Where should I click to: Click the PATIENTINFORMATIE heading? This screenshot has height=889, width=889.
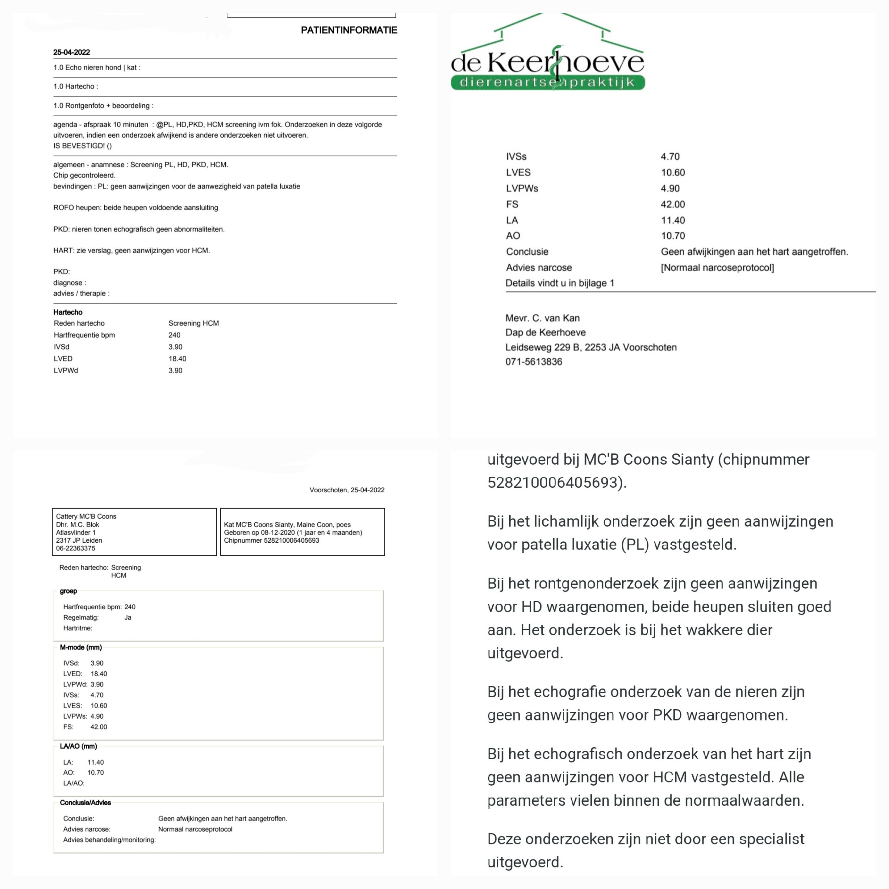[349, 30]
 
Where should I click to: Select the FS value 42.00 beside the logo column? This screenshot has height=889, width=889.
[673, 204]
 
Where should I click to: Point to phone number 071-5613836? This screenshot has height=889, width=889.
[534, 362]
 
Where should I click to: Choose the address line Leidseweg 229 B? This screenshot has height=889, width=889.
[591, 347]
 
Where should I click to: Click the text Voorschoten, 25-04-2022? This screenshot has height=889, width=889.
[347, 490]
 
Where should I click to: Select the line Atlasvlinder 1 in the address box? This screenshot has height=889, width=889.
[76, 532]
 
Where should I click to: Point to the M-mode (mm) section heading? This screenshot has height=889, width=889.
[81, 647]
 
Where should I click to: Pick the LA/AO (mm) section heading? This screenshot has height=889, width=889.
[79, 746]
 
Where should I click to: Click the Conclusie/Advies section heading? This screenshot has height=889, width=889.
[86, 803]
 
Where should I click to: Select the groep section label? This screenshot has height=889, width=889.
[69, 591]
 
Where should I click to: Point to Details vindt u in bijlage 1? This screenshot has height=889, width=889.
[560, 283]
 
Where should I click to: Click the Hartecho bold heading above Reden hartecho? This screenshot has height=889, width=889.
[68, 312]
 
